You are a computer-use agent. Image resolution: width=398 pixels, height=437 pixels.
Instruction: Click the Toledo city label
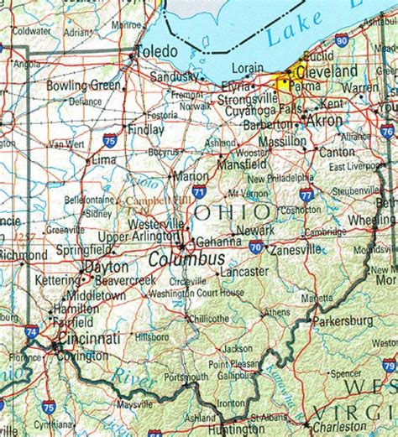pos(158,50)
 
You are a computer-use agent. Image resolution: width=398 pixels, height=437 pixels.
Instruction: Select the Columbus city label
pos(186,260)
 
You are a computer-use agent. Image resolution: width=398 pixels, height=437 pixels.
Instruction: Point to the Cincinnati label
pos(88,338)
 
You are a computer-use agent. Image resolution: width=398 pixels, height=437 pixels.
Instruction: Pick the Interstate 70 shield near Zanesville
pos(255,247)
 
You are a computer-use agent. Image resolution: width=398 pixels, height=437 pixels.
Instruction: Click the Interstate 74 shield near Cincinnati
pos(31,332)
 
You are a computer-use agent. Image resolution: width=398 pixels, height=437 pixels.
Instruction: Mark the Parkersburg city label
pos(343,320)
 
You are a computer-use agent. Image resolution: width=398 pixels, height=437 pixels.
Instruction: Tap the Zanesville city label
pos(295,249)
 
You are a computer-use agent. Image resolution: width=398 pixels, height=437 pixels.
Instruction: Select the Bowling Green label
pos(83,86)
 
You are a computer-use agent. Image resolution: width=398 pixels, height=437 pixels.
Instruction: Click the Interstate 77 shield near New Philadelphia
pos(306,193)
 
